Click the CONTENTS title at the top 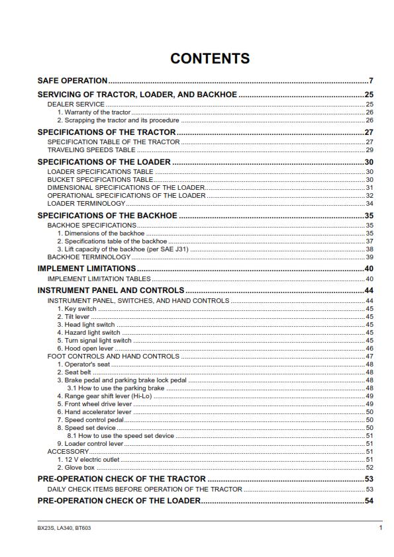point(210,58)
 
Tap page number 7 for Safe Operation point(371,81)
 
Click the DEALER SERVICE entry point(75,105)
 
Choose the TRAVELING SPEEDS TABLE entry point(91,150)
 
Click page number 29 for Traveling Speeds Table point(369,150)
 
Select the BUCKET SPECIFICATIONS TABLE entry point(100,180)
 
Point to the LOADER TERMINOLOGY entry point(86,204)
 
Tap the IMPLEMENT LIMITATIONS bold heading point(86,269)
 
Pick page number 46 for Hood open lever point(369,349)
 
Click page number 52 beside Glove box point(369,467)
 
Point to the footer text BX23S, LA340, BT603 point(64,528)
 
